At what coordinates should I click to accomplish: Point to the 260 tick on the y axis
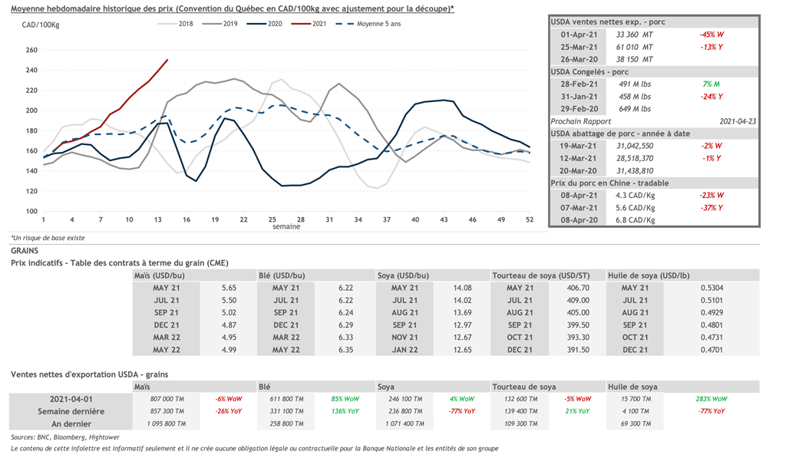31,51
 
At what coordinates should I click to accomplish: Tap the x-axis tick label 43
444,220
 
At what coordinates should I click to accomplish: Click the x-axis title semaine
286,227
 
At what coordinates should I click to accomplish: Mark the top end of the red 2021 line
168,60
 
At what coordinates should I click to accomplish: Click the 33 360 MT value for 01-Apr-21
633,35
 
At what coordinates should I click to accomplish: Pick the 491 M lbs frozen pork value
633,84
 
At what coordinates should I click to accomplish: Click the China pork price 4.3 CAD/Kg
633,196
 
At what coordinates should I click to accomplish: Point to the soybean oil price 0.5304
713,287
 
